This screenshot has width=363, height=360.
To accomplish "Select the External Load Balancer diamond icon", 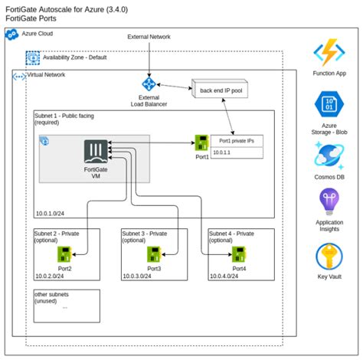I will click(149, 85).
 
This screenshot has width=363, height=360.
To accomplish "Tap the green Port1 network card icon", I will click(202, 142).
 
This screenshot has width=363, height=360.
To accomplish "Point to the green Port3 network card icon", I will click(154, 254).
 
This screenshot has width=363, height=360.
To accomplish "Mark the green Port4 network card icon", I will click(240, 254).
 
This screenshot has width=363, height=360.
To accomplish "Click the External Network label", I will click(149, 37).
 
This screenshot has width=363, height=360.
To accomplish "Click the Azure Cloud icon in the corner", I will click(11, 35).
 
